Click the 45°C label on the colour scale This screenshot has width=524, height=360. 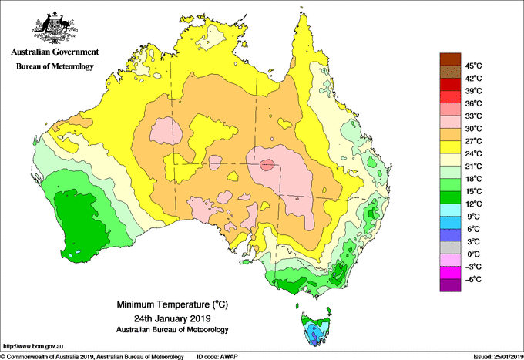pyautogui.click(x=473, y=66)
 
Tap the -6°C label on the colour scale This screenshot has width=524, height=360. pyautogui.click(x=473, y=279)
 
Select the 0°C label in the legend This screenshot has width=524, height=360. pyautogui.click(x=473, y=254)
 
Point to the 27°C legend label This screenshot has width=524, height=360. pyautogui.click(x=473, y=141)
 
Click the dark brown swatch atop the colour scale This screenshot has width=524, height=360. pyautogui.click(x=450, y=59)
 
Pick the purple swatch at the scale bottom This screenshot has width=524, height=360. pyautogui.click(x=450, y=285)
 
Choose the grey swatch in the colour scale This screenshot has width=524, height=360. pyautogui.click(x=450, y=247)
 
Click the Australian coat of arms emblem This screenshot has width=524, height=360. pyautogui.click(x=55, y=28)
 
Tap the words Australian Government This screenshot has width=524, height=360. pyautogui.click(x=55, y=52)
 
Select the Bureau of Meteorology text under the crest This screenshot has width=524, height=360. pyautogui.click(x=55, y=66)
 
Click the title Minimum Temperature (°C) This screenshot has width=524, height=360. pyautogui.click(x=172, y=304)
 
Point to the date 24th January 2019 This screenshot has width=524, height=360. pyautogui.click(x=172, y=318)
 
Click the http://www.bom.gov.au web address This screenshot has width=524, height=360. pyautogui.click(x=32, y=347)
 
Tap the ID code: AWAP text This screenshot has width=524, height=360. pyautogui.click(x=217, y=357)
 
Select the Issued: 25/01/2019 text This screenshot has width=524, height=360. pyautogui.click(x=499, y=357)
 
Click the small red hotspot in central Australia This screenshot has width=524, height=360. pyautogui.click(x=267, y=165)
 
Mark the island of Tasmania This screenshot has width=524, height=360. pyautogui.click(x=316, y=329)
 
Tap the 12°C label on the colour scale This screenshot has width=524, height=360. pyautogui.click(x=473, y=204)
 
